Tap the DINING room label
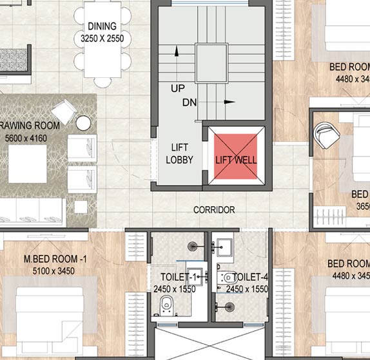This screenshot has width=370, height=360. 102,26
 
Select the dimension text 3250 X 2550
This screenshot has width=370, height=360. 102,39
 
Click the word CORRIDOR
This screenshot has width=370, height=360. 214,210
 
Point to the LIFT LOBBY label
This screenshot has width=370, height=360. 179,153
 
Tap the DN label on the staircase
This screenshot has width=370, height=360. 190,102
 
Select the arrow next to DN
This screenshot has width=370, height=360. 229,102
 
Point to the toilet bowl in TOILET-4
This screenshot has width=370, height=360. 229,278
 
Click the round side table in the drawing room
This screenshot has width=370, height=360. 83,122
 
